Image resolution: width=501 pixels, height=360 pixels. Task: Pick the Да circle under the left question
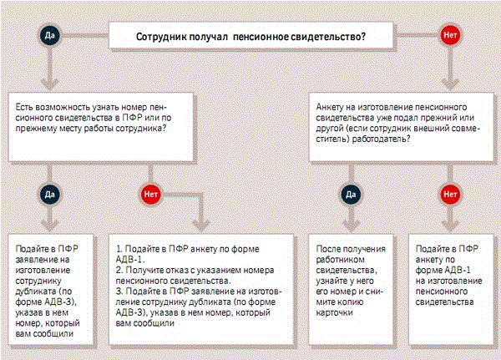coord(50,193)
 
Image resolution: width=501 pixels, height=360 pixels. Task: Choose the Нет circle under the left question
coord(151,193)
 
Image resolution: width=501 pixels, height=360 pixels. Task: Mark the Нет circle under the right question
coord(451,193)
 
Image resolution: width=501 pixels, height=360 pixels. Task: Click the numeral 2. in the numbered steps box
coord(118,260)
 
